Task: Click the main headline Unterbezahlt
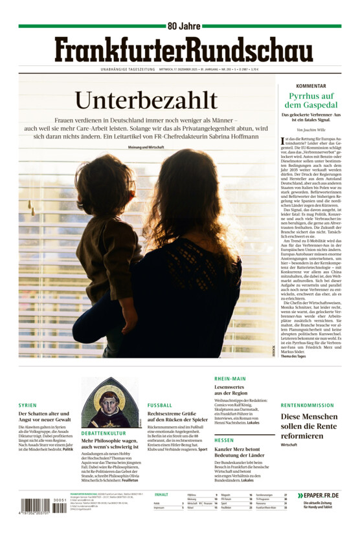146,100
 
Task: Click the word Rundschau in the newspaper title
249,50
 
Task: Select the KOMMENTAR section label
311,86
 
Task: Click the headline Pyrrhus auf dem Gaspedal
311,100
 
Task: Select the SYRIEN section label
28,405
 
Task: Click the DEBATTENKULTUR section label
104,433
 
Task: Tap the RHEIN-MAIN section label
230,378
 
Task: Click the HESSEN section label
224,440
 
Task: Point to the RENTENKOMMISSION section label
307,405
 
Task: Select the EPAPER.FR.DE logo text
322,496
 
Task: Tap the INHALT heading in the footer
161,494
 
